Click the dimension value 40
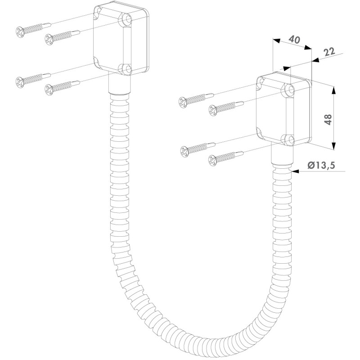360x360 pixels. [x=294, y=40]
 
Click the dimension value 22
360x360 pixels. [x=329, y=52]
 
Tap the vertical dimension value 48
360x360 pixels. [x=328, y=119]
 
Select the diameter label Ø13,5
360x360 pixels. [x=321, y=165]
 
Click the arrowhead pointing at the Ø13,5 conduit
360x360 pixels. [x=296, y=171]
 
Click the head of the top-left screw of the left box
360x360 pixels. [x=20, y=32]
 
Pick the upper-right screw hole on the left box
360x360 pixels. [x=127, y=19]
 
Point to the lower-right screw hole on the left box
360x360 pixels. [x=127, y=69]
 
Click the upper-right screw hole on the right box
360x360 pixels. [x=290, y=90]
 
